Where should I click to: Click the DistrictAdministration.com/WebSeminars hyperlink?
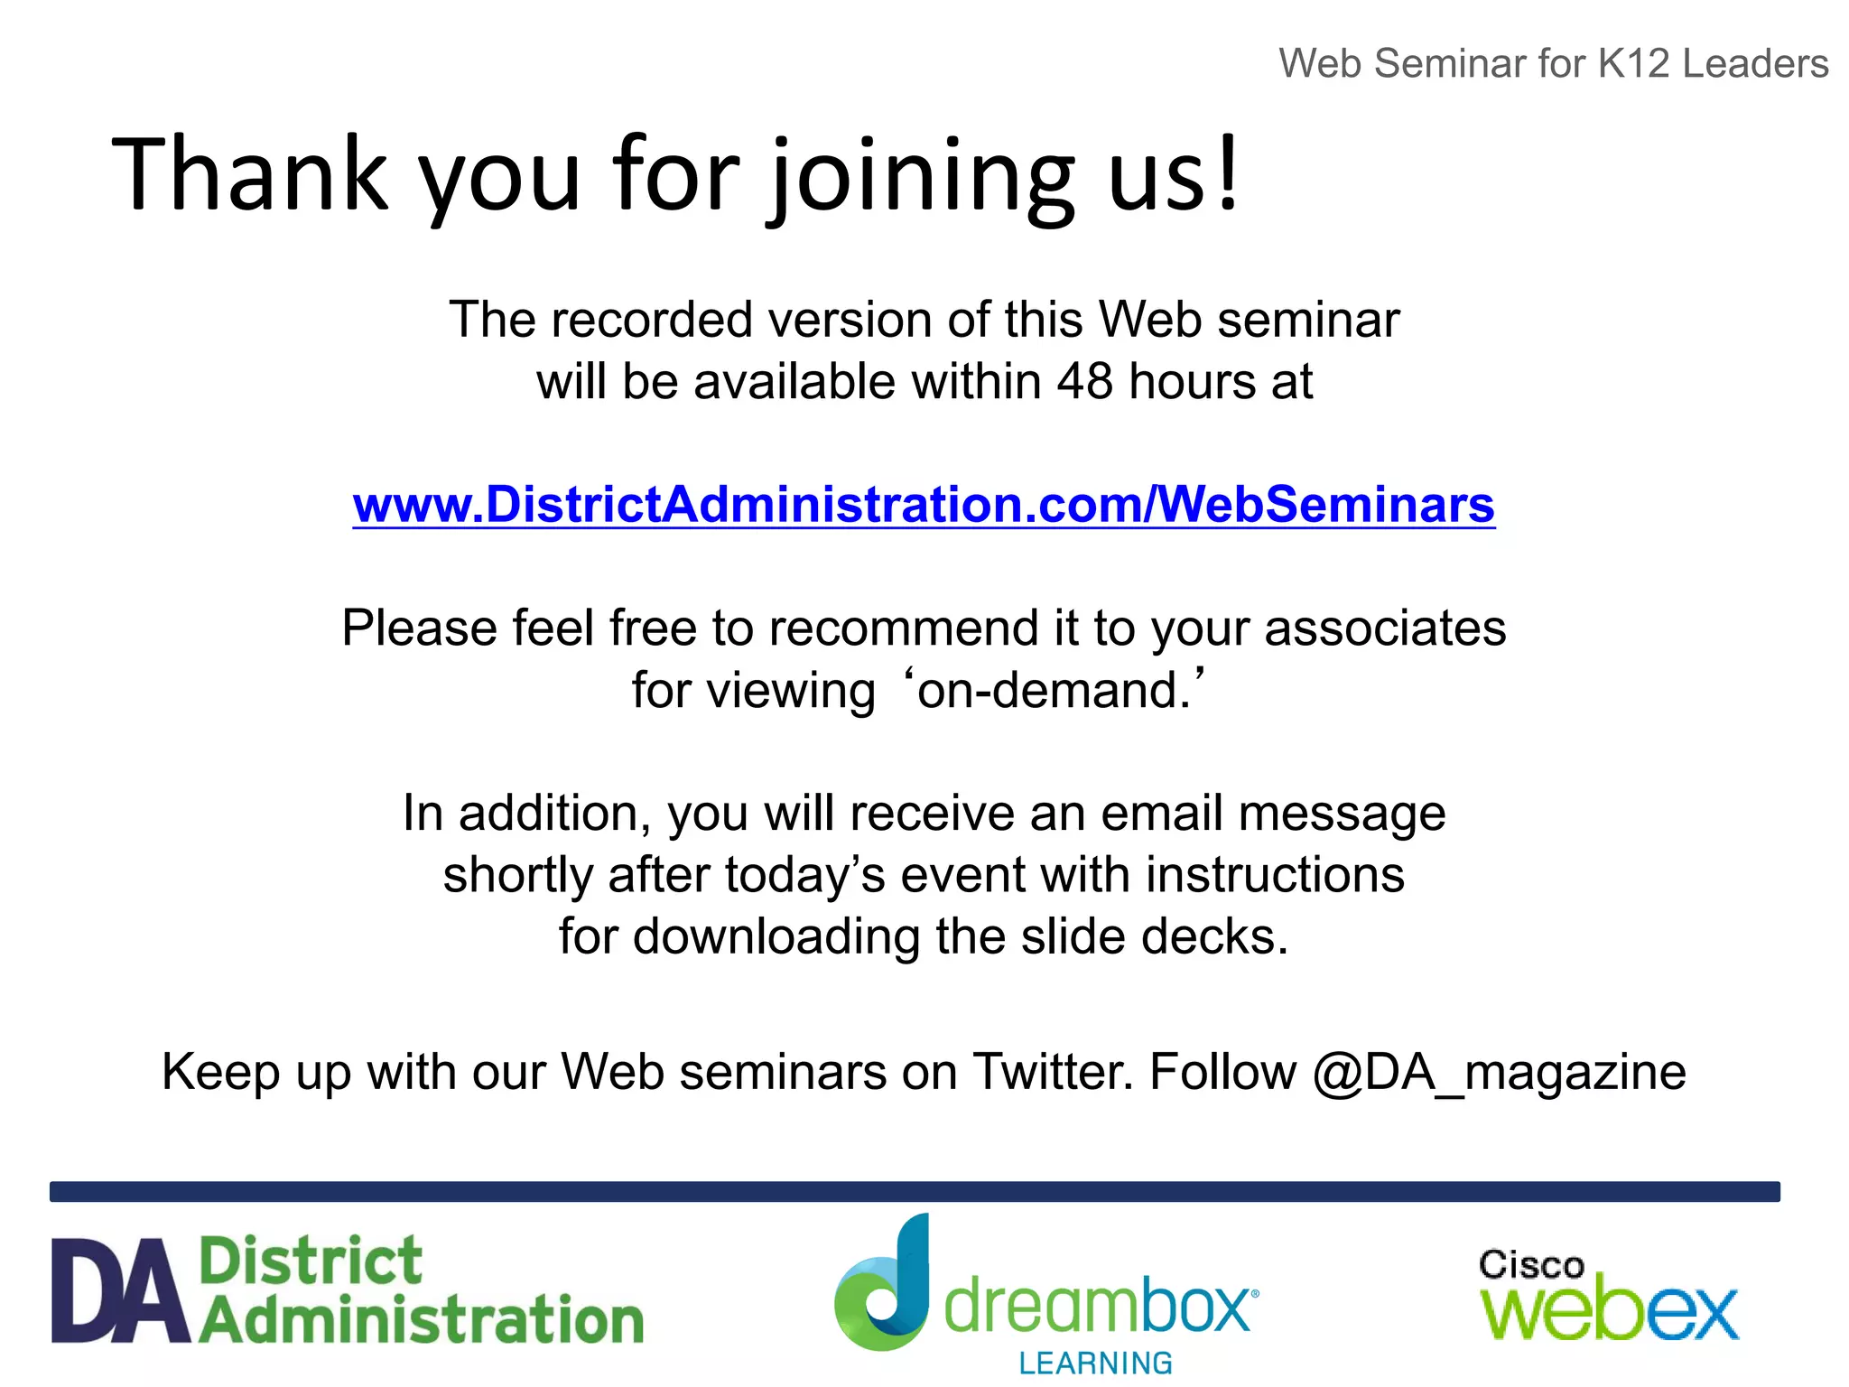pos(923,504)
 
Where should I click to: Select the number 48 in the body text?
pos(1084,381)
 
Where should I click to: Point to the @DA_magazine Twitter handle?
pos(1499,1073)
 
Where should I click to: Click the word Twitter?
pos(1051,1072)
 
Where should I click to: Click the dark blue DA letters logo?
pos(121,1291)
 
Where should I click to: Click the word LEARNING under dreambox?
pos(1095,1363)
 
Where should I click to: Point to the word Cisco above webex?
pos(1531,1265)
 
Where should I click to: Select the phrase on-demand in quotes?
pos(1053,691)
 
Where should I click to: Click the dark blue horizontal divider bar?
pos(915,1191)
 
